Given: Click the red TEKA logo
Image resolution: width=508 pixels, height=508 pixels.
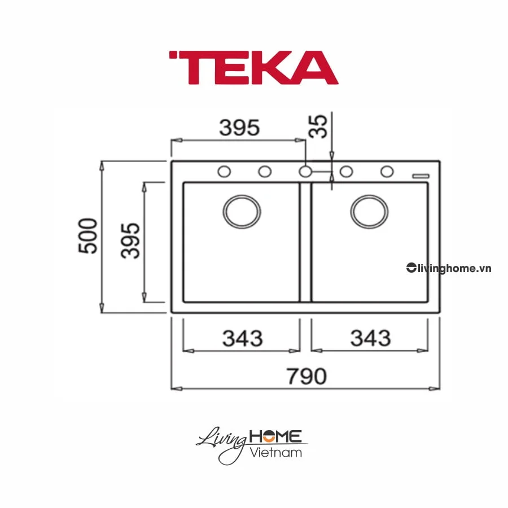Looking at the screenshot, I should [x=253, y=68].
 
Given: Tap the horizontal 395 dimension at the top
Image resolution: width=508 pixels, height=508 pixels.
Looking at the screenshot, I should [x=239, y=128].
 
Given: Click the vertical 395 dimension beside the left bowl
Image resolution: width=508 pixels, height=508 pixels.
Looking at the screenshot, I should [x=131, y=240].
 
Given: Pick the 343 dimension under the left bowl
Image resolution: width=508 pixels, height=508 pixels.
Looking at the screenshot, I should [x=242, y=338].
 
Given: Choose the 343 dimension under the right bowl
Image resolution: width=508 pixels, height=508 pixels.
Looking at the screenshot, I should [x=370, y=338].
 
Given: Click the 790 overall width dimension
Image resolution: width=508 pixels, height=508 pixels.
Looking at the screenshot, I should [x=305, y=376].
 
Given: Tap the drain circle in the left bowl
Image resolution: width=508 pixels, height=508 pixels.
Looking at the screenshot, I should [x=242, y=212].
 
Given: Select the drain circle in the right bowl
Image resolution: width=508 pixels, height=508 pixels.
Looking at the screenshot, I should [x=369, y=212].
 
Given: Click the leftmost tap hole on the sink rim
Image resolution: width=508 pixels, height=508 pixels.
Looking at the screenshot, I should [x=224, y=172].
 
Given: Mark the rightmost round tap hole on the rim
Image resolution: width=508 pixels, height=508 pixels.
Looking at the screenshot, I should [x=387, y=172].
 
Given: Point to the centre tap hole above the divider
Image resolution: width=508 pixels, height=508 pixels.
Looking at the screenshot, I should [x=305, y=172].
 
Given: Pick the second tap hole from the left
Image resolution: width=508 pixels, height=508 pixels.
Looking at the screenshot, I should [x=264, y=172].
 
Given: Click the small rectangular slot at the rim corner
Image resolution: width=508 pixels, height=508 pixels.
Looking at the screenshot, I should [x=421, y=176].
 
